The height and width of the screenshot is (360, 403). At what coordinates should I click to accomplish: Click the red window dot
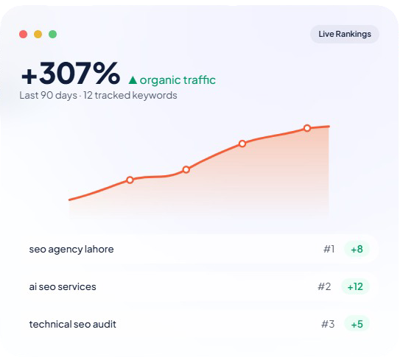click(x=23, y=34)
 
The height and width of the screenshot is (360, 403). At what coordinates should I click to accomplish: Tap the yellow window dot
click(x=38, y=34)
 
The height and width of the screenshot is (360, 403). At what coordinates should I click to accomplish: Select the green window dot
click(x=53, y=34)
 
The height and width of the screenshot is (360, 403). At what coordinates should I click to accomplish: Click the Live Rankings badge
click(x=345, y=34)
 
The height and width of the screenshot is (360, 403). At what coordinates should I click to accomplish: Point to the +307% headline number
click(x=71, y=73)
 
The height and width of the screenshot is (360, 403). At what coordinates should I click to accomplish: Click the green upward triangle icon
click(x=133, y=80)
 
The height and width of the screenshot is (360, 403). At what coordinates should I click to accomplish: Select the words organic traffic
click(x=178, y=80)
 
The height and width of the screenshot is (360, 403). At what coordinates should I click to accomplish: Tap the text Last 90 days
click(x=48, y=95)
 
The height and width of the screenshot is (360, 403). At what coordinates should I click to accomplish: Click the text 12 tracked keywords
click(x=130, y=95)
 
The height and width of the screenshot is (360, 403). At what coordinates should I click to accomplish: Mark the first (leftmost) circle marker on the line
click(x=130, y=180)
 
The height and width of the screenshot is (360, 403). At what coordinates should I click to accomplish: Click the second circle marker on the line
click(x=186, y=169)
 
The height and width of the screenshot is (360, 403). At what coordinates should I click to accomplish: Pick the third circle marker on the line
click(x=242, y=144)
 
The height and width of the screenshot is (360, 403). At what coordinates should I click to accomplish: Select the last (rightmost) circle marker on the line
click(x=307, y=128)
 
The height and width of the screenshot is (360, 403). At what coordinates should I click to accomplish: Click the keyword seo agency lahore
click(x=71, y=250)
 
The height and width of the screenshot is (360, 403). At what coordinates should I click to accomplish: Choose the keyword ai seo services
click(x=63, y=287)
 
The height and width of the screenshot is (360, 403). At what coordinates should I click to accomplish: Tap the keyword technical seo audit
click(x=73, y=325)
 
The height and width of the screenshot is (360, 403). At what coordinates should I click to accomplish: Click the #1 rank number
click(x=329, y=249)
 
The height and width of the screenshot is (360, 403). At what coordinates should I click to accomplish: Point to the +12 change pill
click(x=355, y=286)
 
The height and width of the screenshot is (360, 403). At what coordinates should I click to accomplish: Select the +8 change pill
click(x=357, y=249)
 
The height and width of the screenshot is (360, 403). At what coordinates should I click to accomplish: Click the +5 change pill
click(x=357, y=324)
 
